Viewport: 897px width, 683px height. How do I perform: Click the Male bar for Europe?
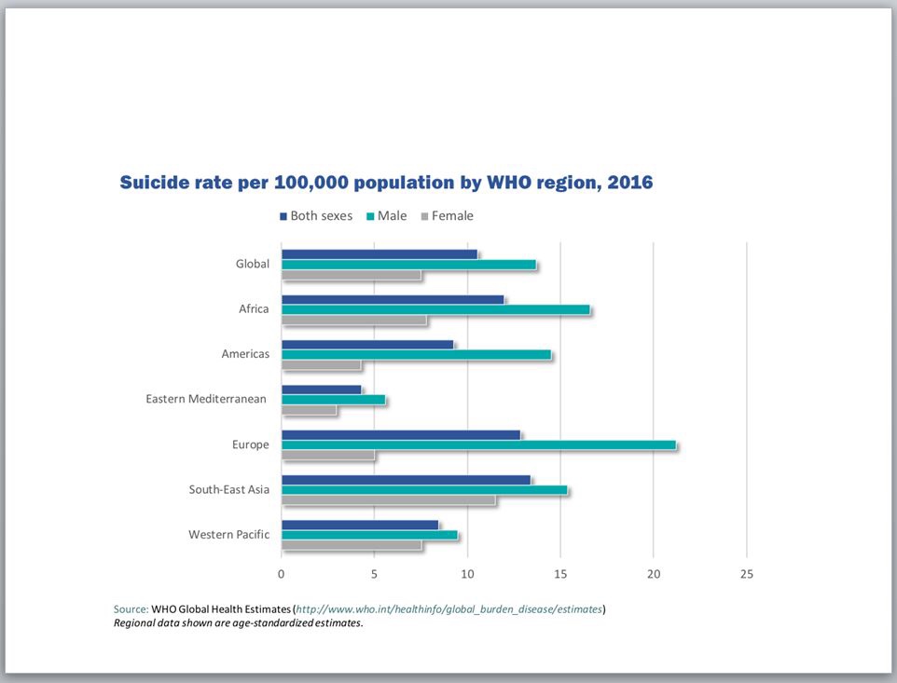coord(478,445)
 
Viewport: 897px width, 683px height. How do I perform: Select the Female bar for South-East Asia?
coord(388,500)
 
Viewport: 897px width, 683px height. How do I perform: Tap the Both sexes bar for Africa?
coord(393,299)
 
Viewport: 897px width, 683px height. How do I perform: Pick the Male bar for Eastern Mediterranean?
coord(333,400)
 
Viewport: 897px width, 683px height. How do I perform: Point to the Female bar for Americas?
coord(321,365)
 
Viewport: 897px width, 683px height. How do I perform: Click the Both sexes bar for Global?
coord(379,253)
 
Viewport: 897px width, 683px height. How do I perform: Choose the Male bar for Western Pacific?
coord(369,535)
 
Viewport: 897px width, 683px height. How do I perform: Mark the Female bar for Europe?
coord(328,456)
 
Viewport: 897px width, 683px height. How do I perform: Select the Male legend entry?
coord(385,216)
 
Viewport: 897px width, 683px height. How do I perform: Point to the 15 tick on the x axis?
coord(560,574)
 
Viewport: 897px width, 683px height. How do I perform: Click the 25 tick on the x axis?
coord(746,574)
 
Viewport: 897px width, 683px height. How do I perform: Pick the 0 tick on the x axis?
coord(282,574)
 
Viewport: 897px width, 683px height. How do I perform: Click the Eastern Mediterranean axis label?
coord(206,400)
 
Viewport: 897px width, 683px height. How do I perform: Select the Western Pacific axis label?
coord(228,535)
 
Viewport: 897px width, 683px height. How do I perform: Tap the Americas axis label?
coord(245,354)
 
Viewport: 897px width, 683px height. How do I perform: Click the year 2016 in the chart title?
coord(630,183)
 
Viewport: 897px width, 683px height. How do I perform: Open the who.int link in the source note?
coord(448,609)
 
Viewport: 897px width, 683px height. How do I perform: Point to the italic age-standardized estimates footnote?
coord(238,623)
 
